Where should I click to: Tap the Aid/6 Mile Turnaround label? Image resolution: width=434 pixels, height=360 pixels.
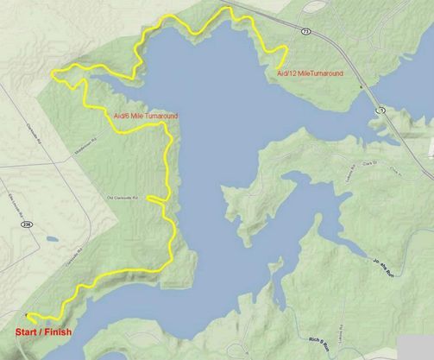146,116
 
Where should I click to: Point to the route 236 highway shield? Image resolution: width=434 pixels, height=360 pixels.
27,223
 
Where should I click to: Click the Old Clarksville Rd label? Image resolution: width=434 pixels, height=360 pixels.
122,198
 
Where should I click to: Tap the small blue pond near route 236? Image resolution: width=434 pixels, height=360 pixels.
51,237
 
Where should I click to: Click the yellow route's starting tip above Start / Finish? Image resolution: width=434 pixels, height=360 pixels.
28,314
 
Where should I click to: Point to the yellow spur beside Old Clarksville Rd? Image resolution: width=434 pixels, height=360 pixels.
155,199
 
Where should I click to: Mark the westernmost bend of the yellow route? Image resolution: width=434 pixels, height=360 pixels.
53,74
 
